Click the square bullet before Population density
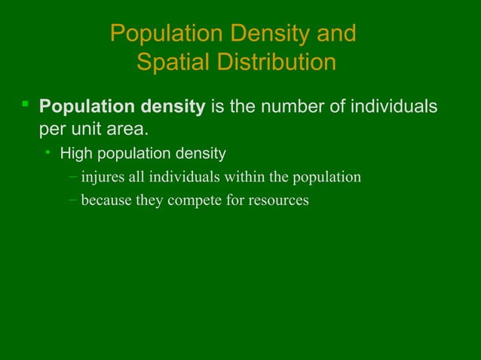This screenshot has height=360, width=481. click(25, 104)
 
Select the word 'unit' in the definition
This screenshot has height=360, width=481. click(87, 129)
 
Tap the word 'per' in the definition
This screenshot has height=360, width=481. click(52, 130)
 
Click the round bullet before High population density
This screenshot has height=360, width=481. click(47, 154)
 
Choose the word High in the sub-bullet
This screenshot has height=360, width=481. click(75, 154)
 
